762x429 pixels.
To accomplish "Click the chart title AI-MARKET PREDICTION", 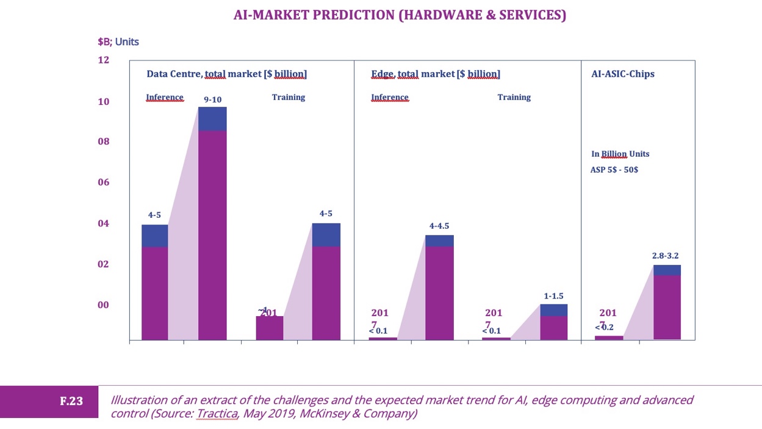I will point(400,15).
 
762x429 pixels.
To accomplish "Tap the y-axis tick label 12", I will point(103,60).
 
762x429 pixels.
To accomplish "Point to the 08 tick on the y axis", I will point(103,142).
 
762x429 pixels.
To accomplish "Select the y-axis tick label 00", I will point(103,305).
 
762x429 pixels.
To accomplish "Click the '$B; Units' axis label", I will point(118,42).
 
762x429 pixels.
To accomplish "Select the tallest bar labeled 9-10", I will point(212,223).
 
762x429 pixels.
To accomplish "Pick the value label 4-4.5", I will point(439,226).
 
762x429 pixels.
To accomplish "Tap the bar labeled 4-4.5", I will point(439,287).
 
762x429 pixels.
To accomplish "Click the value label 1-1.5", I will point(554,296).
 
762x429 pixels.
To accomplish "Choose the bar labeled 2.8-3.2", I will point(667,302).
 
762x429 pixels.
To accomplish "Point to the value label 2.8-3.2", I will point(665,256).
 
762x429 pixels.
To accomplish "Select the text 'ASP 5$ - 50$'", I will point(614,170).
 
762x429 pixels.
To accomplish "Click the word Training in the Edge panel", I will point(514,97).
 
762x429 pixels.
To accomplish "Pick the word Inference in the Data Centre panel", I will point(165,97).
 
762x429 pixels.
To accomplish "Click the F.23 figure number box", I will point(71,402).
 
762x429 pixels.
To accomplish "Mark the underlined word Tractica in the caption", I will point(216,414).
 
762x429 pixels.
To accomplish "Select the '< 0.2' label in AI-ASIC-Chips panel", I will point(605,327).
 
